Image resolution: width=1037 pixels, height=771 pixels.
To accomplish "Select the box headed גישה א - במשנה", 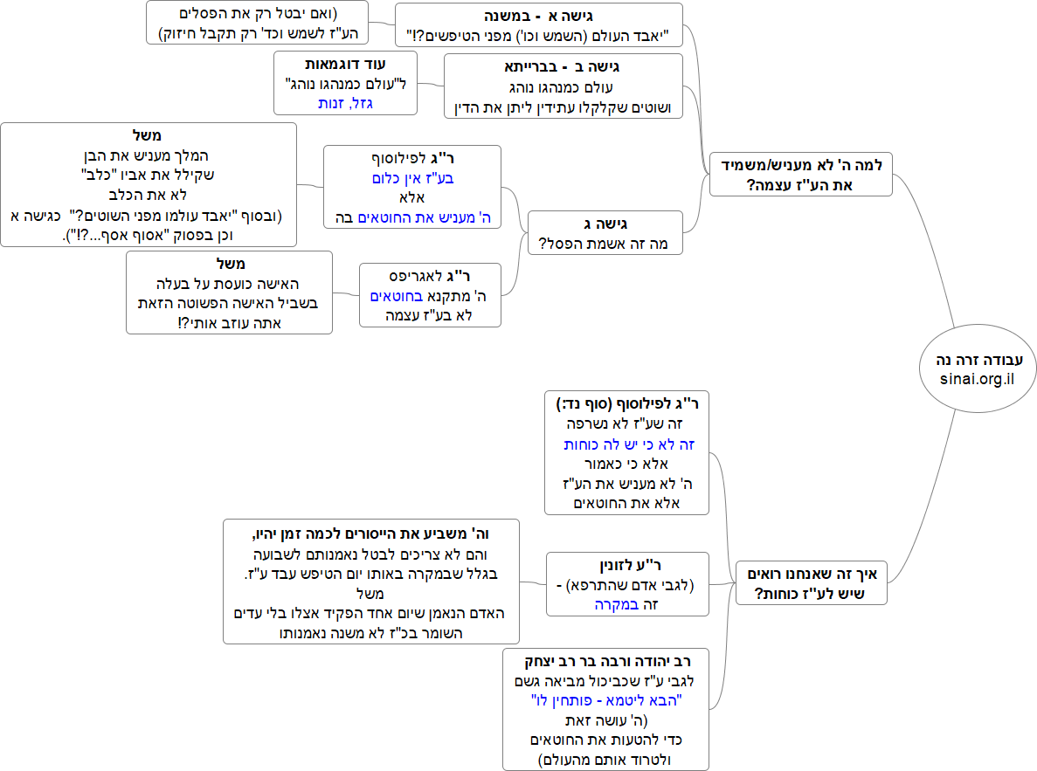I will (x=538, y=25).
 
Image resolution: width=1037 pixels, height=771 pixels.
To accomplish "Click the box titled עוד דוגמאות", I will (x=345, y=83).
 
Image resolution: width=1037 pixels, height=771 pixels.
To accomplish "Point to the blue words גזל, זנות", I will (x=345, y=103).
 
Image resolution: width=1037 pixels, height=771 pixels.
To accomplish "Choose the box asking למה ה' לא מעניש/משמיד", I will (x=800, y=174).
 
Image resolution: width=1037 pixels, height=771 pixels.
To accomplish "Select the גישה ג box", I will (x=605, y=233).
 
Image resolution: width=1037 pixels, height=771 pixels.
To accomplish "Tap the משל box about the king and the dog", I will (x=149, y=184).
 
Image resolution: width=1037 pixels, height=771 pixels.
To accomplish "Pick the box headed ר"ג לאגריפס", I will (x=430, y=295).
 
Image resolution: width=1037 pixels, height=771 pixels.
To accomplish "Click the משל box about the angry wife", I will (x=230, y=293).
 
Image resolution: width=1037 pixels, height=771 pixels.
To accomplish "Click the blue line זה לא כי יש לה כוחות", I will (x=629, y=444).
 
